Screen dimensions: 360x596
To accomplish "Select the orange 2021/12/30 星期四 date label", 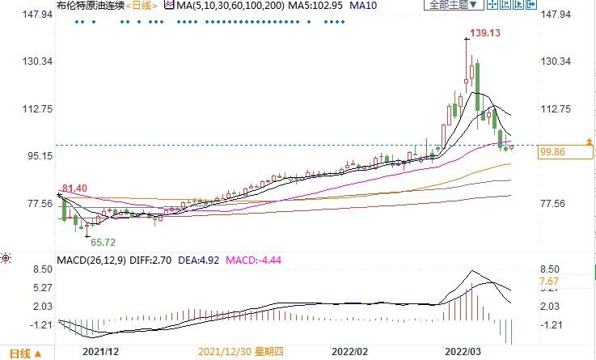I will tap(240, 352).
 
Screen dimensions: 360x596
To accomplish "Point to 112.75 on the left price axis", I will tap(30, 108).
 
